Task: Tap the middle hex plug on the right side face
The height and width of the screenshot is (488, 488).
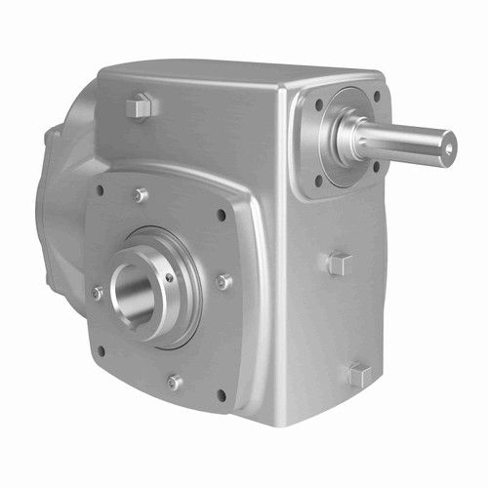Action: point(339,263)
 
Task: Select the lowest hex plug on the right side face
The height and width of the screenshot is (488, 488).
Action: point(357,374)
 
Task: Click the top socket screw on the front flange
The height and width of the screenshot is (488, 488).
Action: point(142,194)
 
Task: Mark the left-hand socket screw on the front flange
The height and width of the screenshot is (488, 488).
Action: point(98,292)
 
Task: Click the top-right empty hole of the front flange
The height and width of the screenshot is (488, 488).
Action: point(223,216)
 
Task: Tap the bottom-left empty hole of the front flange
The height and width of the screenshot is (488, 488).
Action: point(101,350)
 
